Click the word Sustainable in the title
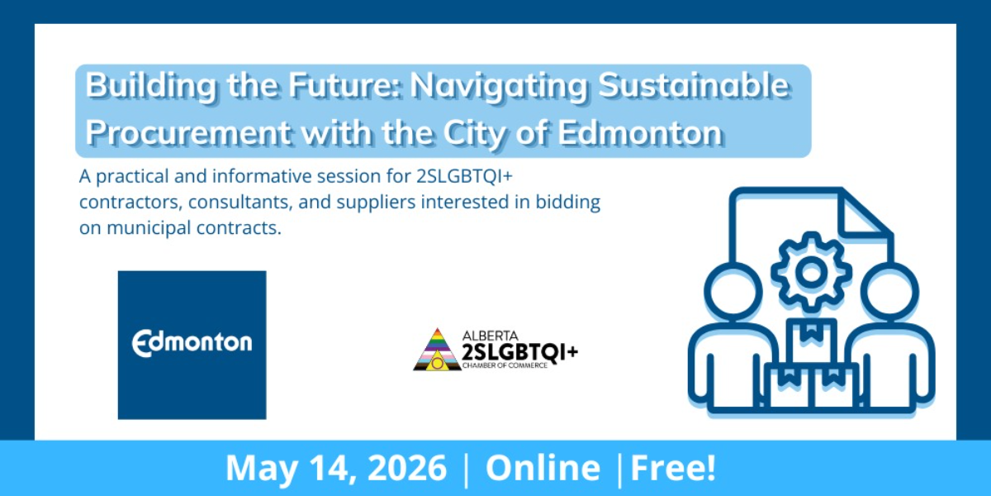[693, 84]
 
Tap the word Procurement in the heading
[188, 132]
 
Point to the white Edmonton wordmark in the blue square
[192, 343]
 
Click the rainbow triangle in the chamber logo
[437, 350]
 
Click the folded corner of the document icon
[864, 215]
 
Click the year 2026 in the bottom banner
[407, 468]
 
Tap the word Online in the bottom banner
[543, 468]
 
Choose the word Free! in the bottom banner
[673, 468]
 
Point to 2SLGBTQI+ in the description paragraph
[464, 176]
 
